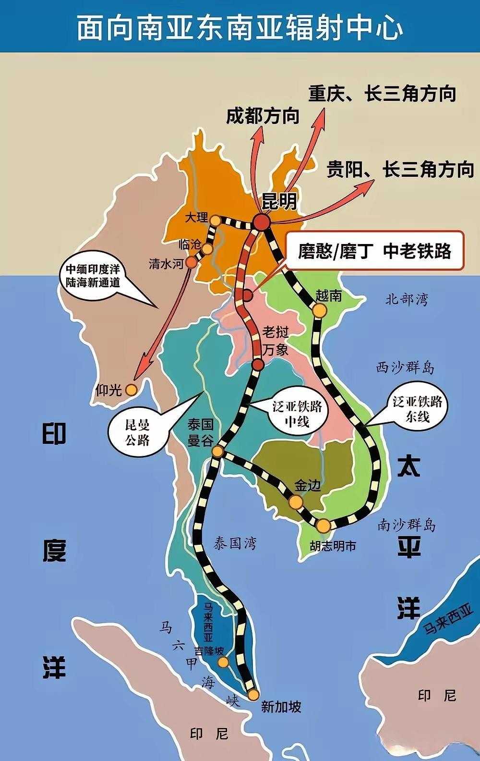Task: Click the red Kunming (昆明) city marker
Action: (263, 222)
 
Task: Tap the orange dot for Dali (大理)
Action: (216, 220)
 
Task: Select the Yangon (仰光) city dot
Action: (131, 390)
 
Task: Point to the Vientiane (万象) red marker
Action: (258, 365)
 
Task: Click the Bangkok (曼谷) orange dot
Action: (217, 451)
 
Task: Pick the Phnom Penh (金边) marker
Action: (296, 502)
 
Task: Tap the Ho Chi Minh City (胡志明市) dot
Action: (324, 526)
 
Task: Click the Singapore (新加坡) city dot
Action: (253, 695)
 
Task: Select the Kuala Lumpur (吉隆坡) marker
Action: (223, 663)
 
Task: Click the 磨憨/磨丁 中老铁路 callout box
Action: (374, 251)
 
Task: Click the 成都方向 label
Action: (263, 116)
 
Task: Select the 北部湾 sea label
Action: (407, 299)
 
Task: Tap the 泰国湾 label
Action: (235, 543)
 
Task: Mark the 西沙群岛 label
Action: (405, 368)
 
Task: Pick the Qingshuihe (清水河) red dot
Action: (192, 262)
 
